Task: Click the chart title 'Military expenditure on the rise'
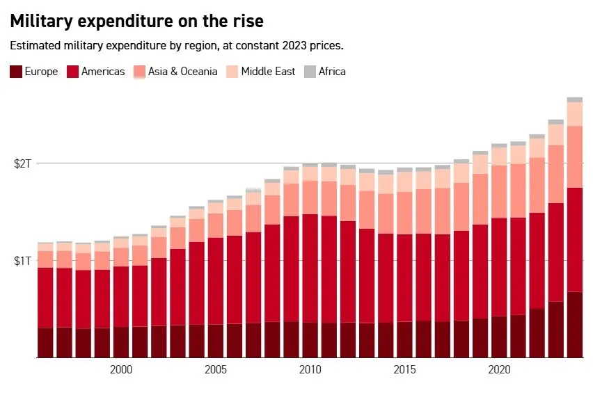click(x=136, y=22)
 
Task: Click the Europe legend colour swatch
click(x=16, y=71)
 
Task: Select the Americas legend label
click(x=103, y=71)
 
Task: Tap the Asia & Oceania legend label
click(x=182, y=71)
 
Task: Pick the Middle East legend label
click(x=268, y=71)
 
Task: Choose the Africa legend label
click(x=333, y=71)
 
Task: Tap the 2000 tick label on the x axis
click(x=121, y=368)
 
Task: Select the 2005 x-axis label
click(x=216, y=368)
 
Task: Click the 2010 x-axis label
click(x=310, y=368)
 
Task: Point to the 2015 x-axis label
click(x=405, y=368)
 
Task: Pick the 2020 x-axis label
click(x=500, y=368)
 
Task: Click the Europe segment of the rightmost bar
click(x=575, y=324)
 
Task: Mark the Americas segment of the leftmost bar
click(x=45, y=298)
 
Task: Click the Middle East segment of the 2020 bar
click(x=499, y=156)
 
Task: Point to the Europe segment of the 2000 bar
click(x=121, y=342)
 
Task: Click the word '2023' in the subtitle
click(x=291, y=46)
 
